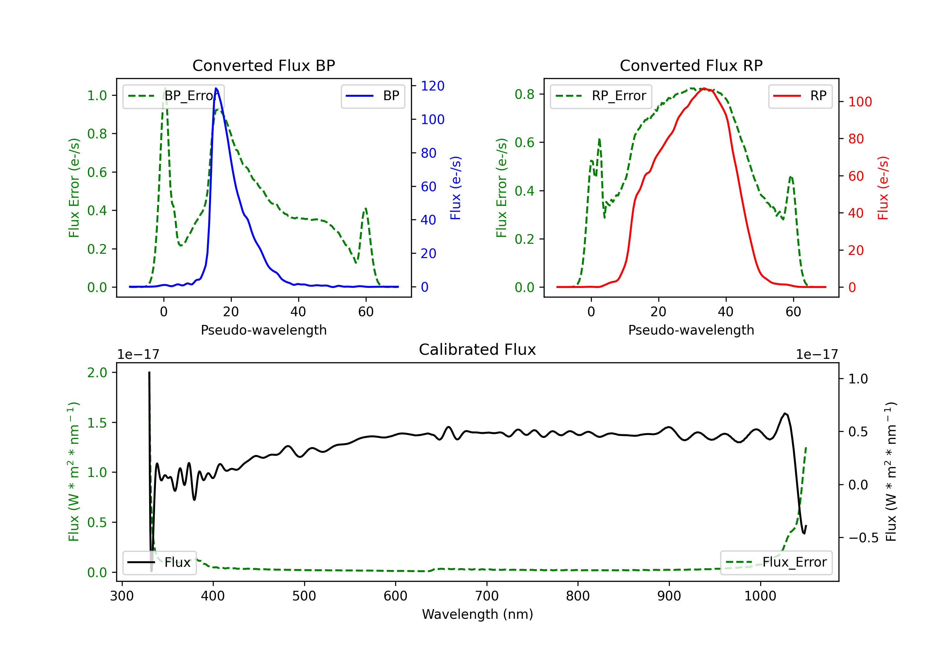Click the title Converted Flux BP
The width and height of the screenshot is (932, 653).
tap(263, 65)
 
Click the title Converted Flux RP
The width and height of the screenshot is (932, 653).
tap(691, 65)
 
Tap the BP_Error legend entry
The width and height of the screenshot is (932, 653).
tap(174, 96)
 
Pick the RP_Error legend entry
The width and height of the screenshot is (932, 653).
tap(601, 96)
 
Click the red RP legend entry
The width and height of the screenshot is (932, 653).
tap(800, 96)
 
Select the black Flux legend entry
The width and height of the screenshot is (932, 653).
tap(159, 563)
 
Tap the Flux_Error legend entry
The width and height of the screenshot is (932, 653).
tap(776, 563)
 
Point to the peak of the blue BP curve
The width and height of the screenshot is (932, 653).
tap(216, 88)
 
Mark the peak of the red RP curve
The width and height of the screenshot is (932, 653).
tap(704, 88)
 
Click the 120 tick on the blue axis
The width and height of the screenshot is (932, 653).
tap(432, 86)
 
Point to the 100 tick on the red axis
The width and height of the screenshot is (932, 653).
tap(860, 102)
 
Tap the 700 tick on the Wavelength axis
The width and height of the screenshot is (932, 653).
tap(487, 596)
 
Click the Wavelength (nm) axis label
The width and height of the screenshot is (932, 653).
tap(477, 614)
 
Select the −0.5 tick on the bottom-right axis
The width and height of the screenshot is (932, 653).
tap(863, 538)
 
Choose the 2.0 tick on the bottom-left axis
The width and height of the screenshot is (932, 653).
tap(97, 373)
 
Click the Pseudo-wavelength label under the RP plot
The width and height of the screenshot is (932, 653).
tap(691, 330)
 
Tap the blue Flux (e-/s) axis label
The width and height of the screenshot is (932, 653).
tap(455, 188)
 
